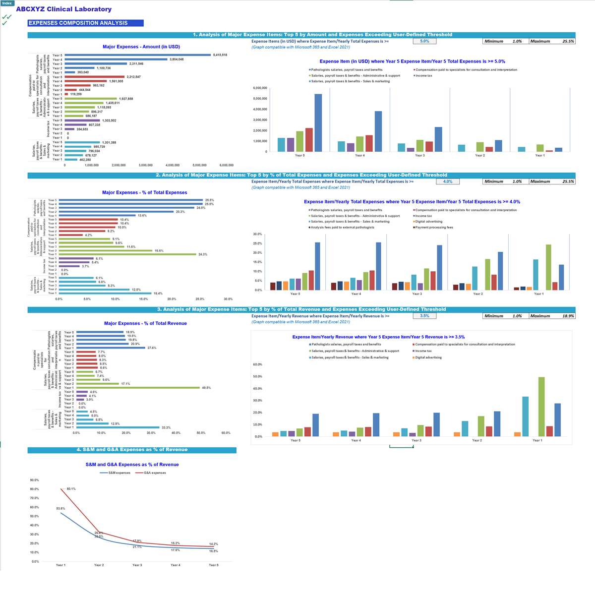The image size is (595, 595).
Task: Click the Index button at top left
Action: (x=7, y=3)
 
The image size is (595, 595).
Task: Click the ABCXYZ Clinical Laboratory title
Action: (x=63, y=9)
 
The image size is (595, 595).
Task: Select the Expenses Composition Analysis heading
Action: (x=78, y=23)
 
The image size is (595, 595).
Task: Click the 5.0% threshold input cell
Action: (x=424, y=41)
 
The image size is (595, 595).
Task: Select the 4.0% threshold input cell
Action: (x=448, y=181)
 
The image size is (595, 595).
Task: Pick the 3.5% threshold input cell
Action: (x=424, y=316)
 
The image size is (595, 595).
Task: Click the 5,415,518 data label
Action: (x=220, y=55)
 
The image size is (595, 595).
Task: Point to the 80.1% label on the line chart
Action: (x=71, y=489)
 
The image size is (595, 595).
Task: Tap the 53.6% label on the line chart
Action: (x=60, y=508)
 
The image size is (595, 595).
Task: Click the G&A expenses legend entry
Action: (x=155, y=473)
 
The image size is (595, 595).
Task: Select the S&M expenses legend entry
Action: (x=119, y=473)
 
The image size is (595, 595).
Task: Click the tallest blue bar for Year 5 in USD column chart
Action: (x=318, y=122)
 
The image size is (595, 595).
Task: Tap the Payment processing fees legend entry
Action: (x=434, y=228)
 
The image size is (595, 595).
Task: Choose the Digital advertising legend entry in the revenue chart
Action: (x=428, y=357)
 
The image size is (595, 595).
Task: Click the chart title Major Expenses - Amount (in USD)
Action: (x=141, y=47)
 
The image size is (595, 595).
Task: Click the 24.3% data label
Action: (x=203, y=254)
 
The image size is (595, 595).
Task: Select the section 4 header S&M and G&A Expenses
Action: (x=132, y=450)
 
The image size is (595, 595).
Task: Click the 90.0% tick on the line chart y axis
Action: (x=35, y=480)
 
